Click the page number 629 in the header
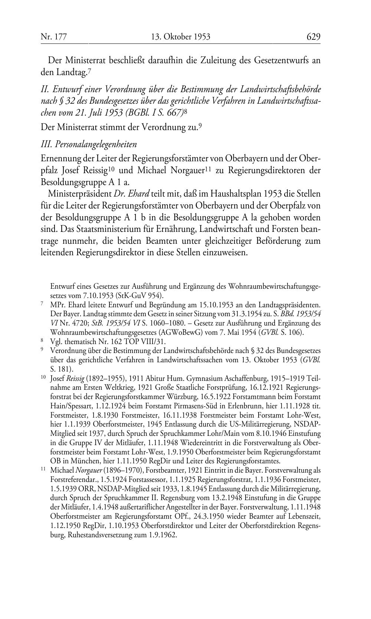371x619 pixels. (313, 37)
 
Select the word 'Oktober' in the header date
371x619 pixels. (178, 37)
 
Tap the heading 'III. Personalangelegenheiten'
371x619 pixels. (89, 144)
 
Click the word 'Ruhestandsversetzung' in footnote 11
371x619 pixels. (82, 535)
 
